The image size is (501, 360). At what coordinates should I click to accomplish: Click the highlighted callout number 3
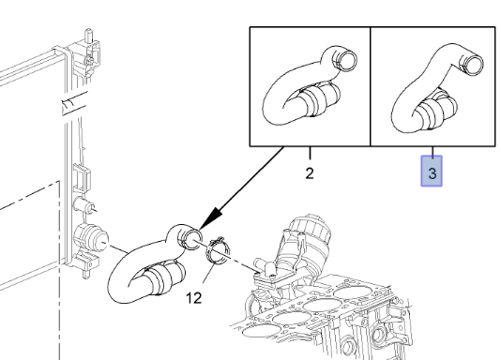[x=432, y=173]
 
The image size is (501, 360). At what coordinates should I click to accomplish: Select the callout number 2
[x=310, y=173]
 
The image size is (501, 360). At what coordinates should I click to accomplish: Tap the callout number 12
[x=194, y=298]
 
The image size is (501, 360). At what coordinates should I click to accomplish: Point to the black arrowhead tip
[x=200, y=229]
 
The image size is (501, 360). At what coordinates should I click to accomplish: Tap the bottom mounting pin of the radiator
[x=86, y=274]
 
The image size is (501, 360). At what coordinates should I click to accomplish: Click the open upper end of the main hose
[x=190, y=239]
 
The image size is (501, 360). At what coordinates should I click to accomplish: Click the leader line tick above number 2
[x=310, y=153]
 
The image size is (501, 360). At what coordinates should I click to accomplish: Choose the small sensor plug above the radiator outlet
[x=83, y=204]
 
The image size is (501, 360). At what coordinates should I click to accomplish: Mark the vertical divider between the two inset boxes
[x=370, y=86]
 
